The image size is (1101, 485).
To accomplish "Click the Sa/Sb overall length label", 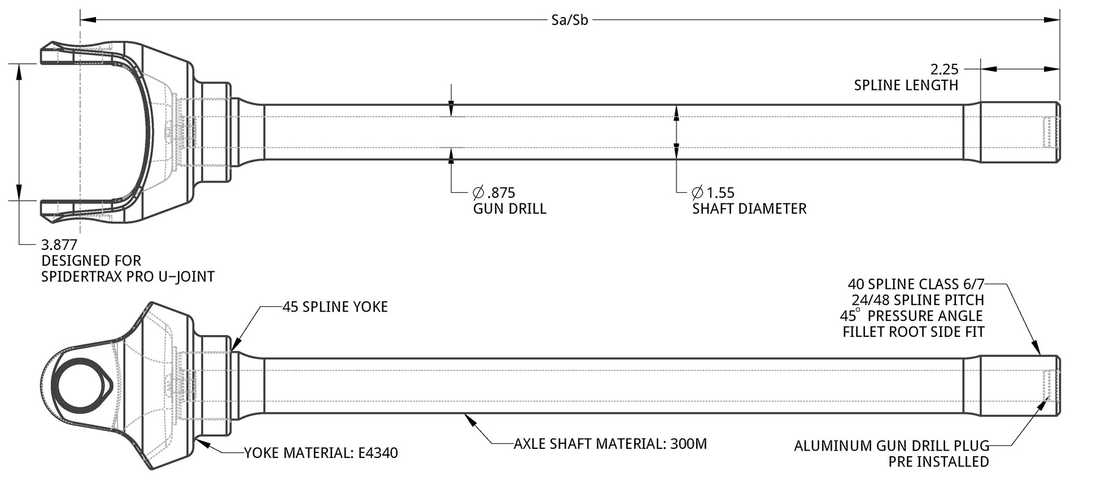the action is point(569,20).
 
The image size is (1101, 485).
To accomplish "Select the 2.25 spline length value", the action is point(944,69).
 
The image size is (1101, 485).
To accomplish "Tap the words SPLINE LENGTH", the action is point(906,85).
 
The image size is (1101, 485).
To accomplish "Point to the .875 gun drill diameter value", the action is point(494,193).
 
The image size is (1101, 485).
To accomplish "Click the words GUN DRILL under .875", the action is point(510,209).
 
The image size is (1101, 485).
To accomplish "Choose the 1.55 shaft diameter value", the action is point(713,193).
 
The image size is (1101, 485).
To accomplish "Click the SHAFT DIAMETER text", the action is point(749,209).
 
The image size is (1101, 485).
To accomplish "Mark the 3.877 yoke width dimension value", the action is point(59,245).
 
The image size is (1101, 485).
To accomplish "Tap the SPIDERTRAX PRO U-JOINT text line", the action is point(128,277).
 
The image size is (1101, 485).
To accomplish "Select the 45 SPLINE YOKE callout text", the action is point(335,307).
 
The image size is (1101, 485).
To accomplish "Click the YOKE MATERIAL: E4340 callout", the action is point(321,453).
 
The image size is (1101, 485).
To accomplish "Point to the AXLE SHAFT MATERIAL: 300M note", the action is point(610,443).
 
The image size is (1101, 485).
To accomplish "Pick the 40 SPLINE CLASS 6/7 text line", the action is point(916,284).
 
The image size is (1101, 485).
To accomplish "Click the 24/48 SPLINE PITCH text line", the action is point(917,300).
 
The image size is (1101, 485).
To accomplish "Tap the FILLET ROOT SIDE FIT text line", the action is point(913,332).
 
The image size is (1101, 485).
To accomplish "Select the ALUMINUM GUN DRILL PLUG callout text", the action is point(891,446).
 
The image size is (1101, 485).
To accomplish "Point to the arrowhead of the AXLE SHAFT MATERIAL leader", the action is point(468,418).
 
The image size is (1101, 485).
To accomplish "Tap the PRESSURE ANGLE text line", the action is point(912,316).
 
